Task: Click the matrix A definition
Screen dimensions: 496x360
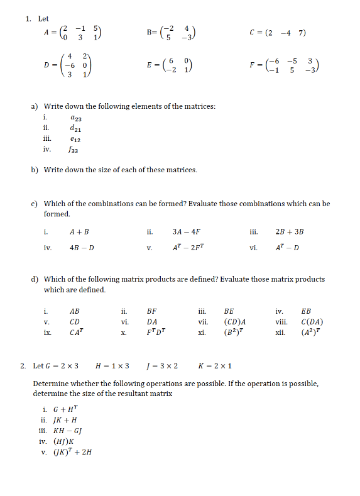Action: (73, 34)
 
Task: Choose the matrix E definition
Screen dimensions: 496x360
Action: (176, 64)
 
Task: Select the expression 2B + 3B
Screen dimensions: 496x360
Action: (290, 231)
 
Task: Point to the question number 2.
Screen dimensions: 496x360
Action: (23, 366)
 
